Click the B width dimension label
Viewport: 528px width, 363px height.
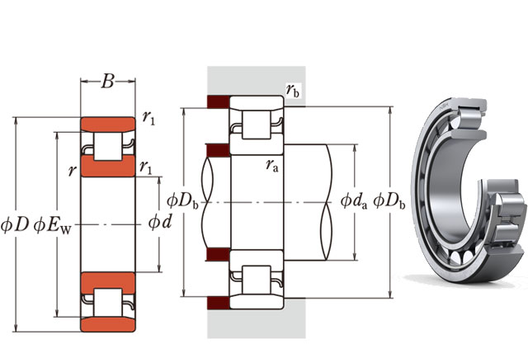tap(108, 82)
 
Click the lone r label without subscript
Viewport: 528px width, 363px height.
tap(73, 170)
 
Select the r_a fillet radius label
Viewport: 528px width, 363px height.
tap(271, 166)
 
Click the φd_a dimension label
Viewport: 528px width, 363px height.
tap(354, 200)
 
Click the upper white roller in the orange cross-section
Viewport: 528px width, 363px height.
tap(107, 147)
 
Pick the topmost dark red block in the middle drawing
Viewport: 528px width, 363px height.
tap(217, 103)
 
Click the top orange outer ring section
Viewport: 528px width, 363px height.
tap(107, 125)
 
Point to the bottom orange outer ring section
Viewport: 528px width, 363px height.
tap(107, 323)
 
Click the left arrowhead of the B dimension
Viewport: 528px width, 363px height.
tap(83, 82)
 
